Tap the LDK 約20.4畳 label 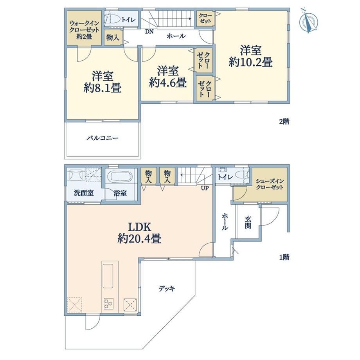click(x=139, y=233)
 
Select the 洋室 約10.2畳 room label click(x=251, y=56)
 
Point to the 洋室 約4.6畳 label click(x=167, y=77)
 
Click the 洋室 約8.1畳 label click(x=103, y=82)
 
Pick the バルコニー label click(x=103, y=138)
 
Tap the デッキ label click(x=167, y=289)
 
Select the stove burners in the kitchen click(x=109, y=303)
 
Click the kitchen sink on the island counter click(x=108, y=276)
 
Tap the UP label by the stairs click(x=205, y=188)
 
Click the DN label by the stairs click(x=149, y=32)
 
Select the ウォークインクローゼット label click(x=84, y=30)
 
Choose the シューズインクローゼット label click(x=270, y=184)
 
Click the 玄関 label click(x=248, y=222)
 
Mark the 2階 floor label click(x=284, y=121)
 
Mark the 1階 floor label click(x=284, y=257)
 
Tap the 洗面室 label click(x=84, y=193)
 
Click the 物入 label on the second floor click(x=113, y=38)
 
